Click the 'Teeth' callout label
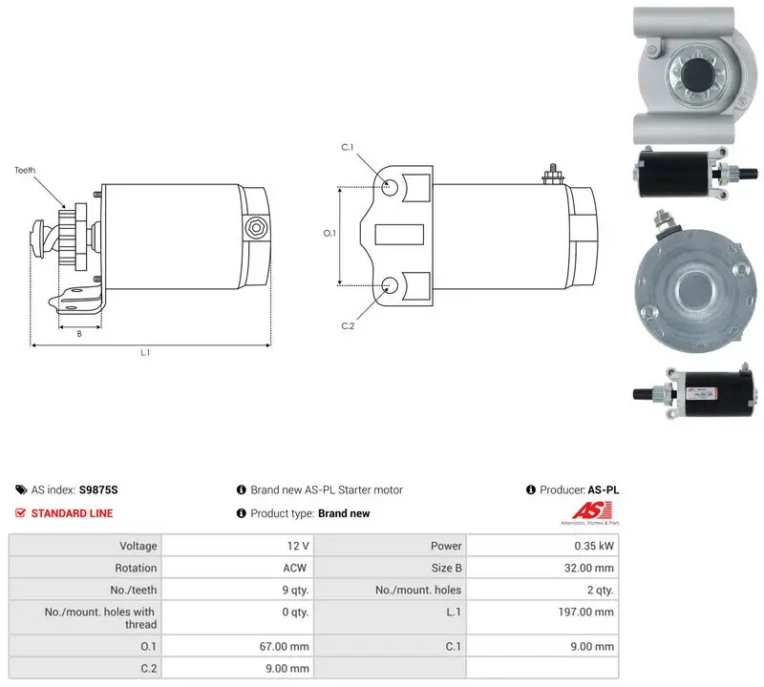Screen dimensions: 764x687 tap(25, 170)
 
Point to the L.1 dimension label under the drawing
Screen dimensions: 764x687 tap(145, 352)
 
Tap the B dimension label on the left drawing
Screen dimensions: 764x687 tap(79, 334)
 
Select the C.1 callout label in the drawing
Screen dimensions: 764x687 tap(348, 147)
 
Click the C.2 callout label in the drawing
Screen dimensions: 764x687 tap(348, 325)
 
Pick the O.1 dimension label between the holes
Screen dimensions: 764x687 tap(329, 233)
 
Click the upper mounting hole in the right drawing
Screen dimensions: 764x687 tap(390, 187)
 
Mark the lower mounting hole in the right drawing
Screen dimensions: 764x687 tap(390, 285)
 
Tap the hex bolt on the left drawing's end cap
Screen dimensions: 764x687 tap(255, 227)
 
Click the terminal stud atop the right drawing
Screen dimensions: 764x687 tap(553, 174)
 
